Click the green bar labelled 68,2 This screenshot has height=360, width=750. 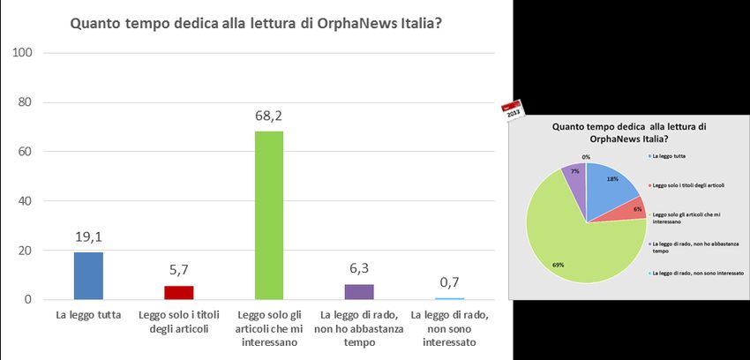pos(269,215)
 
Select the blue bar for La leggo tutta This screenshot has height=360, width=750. pos(88,276)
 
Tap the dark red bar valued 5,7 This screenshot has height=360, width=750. pos(178,293)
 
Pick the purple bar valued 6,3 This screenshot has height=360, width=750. pos(359,292)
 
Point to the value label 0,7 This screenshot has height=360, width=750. pos(449,281)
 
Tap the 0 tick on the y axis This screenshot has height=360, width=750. pos(28,300)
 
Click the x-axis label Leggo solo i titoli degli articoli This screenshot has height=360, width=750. pos(178,322)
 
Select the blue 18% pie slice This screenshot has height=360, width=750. pos(611,184)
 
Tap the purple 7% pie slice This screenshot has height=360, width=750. pos(576,177)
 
